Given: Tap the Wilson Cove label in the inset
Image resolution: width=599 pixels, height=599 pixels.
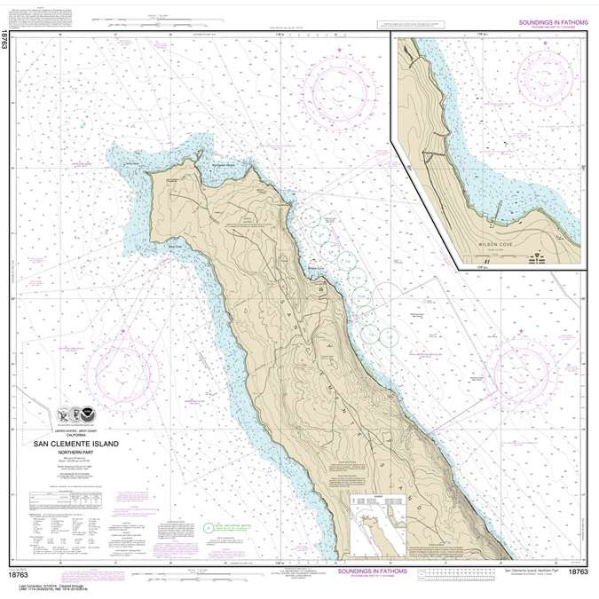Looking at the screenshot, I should point(499,240).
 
